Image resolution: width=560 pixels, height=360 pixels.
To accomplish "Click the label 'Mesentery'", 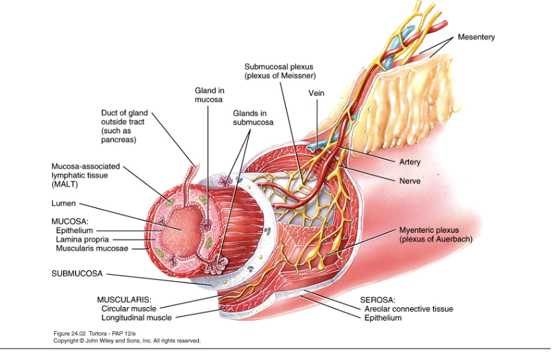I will point(476,37).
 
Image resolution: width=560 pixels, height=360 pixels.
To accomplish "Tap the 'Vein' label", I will point(316,93).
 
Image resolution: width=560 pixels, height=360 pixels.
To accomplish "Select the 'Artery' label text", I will point(410,162).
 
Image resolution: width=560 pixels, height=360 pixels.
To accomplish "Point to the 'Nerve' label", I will point(409,181).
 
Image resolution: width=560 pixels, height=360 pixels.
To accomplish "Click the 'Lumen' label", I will point(64,203).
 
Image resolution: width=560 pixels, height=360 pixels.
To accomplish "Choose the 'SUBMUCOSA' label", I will point(76,273).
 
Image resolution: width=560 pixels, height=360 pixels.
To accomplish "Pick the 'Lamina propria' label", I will point(82,239).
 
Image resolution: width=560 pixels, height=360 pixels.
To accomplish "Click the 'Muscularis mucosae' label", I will point(92,248).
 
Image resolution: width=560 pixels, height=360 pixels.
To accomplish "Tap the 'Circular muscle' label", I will point(129,308).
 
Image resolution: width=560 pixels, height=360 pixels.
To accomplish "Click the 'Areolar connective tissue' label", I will point(409,309).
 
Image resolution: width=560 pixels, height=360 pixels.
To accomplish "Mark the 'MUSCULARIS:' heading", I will point(124,300).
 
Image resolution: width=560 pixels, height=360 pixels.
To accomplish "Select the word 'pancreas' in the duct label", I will point(119,140).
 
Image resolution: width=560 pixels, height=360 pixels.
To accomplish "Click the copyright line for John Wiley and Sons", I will point(127,341).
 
